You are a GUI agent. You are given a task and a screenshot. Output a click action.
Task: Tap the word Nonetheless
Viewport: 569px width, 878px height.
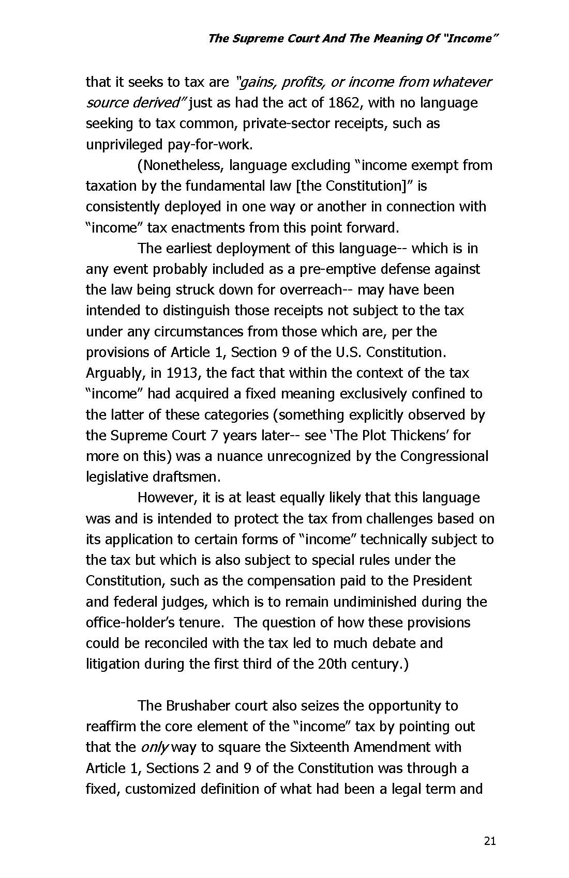(x=182, y=165)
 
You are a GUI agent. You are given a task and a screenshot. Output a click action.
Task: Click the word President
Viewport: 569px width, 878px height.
(x=442, y=581)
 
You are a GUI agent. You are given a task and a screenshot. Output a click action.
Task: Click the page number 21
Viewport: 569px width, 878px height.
(x=490, y=841)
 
